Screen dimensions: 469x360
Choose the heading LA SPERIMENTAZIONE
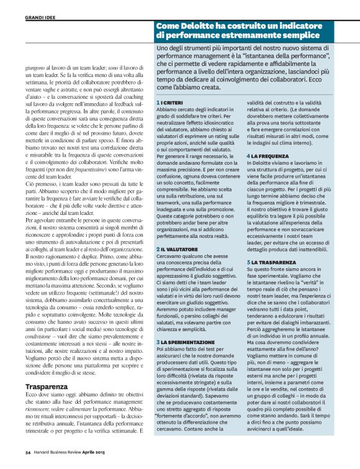(x=186, y=342)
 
